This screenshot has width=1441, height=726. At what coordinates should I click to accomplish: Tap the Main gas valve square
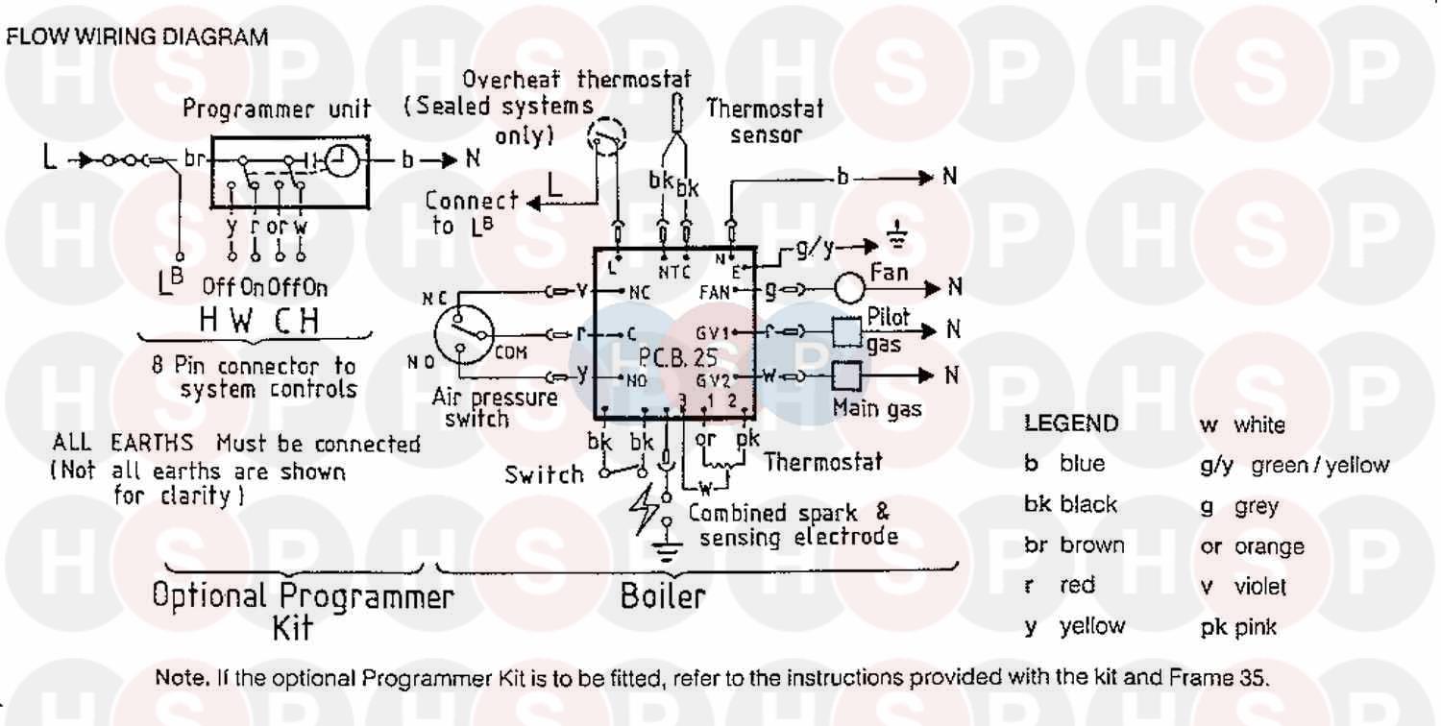pyautogui.click(x=845, y=375)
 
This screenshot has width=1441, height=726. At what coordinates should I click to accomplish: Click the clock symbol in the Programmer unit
pyautogui.click(x=338, y=164)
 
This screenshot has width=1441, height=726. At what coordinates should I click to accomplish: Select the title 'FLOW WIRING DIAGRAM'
pyautogui.click(x=136, y=37)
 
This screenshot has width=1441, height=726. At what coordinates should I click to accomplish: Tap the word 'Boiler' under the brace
pyautogui.click(x=662, y=595)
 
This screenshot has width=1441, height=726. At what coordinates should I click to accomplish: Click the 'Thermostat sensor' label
pyautogui.click(x=765, y=121)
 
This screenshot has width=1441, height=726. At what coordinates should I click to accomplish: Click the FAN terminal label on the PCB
pyautogui.click(x=715, y=288)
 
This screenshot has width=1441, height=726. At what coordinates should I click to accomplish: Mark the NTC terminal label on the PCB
pyautogui.click(x=675, y=270)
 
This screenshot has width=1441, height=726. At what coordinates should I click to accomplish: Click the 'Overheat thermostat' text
pyautogui.click(x=576, y=79)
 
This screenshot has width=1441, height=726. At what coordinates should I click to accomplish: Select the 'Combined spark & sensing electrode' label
pyautogui.click(x=793, y=524)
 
